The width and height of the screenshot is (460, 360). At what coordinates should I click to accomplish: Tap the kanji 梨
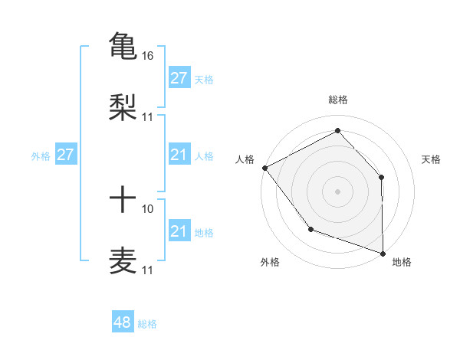click(123, 106)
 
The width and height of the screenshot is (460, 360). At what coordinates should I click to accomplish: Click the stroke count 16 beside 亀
click(148, 56)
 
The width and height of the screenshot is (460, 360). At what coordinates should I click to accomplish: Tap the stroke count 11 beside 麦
click(148, 270)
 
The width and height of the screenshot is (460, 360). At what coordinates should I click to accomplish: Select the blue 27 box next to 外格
click(66, 155)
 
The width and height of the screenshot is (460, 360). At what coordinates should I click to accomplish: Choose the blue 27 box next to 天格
click(179, 78)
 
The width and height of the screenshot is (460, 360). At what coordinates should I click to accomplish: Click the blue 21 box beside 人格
click(179, 155)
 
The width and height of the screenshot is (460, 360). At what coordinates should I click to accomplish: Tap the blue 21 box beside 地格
click(179, 231)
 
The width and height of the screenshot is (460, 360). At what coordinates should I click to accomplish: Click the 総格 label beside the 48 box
click(147, 324)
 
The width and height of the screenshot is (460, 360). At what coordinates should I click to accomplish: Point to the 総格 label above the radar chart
click(338, 100)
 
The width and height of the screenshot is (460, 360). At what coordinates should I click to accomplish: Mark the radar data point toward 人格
click(264, 168)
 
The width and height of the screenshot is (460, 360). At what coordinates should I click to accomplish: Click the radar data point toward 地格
click(383, 252)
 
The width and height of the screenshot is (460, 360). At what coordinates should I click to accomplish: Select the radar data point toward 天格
click(381, 178)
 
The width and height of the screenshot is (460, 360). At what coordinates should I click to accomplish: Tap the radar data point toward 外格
click(310, 228)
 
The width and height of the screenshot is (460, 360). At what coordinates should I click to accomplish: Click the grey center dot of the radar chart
click(338, 191)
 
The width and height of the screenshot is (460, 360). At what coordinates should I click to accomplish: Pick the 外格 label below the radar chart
click(270, 262)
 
